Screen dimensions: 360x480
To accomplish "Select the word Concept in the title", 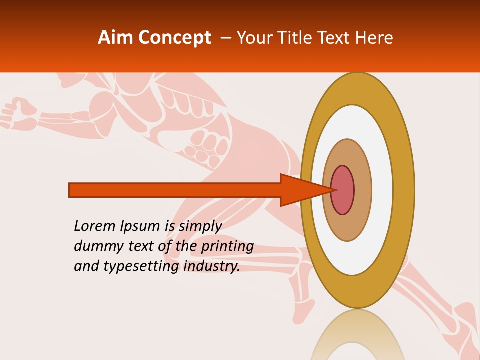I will click(174, 38).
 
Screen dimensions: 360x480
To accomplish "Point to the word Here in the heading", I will click(374, 38).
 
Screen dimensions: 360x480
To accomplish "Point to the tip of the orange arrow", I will click(333, 190).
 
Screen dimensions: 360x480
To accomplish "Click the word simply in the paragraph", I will click(200, 227).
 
